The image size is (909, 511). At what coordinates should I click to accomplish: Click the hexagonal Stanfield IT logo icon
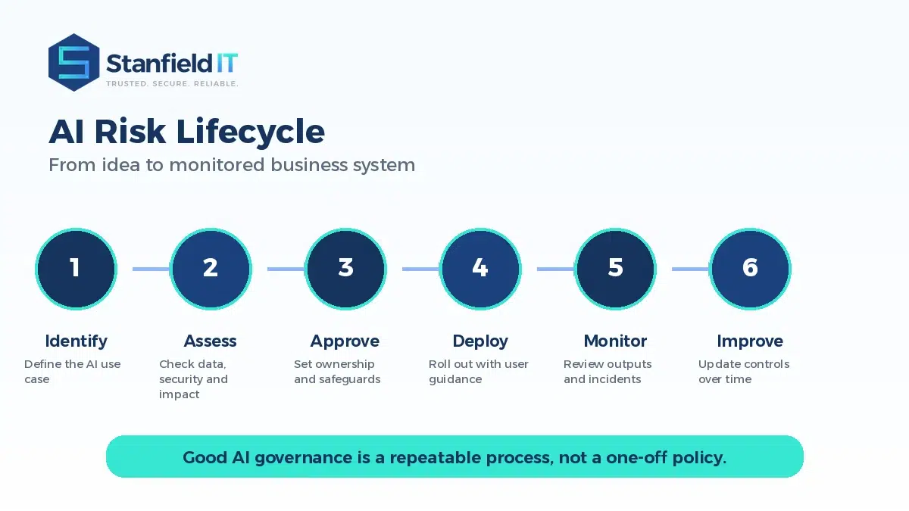(x=74, y=62)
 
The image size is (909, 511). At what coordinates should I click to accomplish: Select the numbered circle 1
(x=76, y=269)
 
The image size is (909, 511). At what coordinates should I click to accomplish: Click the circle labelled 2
(x=211, y=269)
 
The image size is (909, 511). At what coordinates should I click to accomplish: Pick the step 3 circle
(x=345, y=269)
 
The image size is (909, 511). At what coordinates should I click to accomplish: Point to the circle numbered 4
(x=480, y=269)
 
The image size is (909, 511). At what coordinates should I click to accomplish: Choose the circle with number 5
(x=615, y=269)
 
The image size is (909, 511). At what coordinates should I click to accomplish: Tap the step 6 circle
(x=750, y=269)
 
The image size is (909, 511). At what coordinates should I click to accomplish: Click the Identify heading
(x=77, y=341)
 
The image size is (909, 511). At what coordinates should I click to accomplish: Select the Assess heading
(x=211, y=341)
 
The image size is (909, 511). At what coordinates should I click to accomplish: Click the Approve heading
(x=345, y=342)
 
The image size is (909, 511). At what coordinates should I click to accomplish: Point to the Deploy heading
(x=480, y=342)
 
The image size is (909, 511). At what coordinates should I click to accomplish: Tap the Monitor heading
(x=615, y=341)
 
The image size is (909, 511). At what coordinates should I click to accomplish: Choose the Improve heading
(x=750, y=342)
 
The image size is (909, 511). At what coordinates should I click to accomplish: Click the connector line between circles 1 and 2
(x=151, y=269)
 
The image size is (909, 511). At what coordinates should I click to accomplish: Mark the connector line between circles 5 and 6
(x=690, y=269)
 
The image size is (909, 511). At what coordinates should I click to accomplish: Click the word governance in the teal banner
(x=304, y=458)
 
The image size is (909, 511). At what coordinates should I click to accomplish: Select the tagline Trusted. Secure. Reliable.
(x=172, y=83)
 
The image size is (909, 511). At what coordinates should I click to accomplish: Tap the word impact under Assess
(x=179, y=395)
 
